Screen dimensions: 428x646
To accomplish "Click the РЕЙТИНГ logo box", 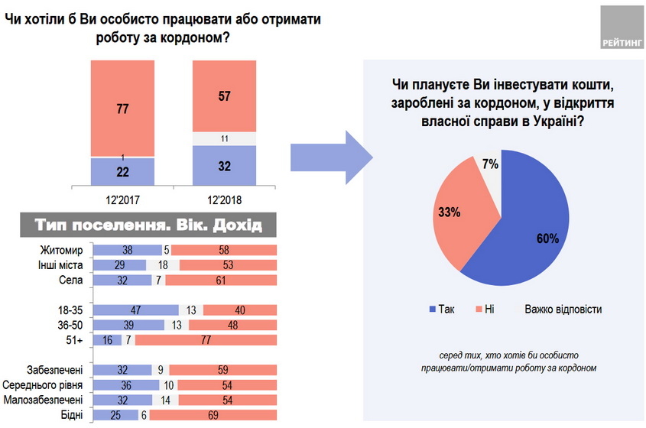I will pyautogui.click(x=622, y=28).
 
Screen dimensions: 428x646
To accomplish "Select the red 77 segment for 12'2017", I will pyautogui.click(x=122, y=108).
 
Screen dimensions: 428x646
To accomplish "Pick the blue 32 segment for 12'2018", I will pyautogui.click(x=224, y=165).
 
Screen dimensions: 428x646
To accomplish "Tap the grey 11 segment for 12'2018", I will pyautogui.click(x=224, y=139).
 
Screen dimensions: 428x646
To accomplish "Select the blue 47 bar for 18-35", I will pyautogui.click(x=135, y=310).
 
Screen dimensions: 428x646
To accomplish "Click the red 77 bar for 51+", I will pyautogui.click(x=206, y=339).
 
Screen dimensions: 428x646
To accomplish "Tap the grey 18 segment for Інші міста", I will pyautogui.click(x=162, y=264).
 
